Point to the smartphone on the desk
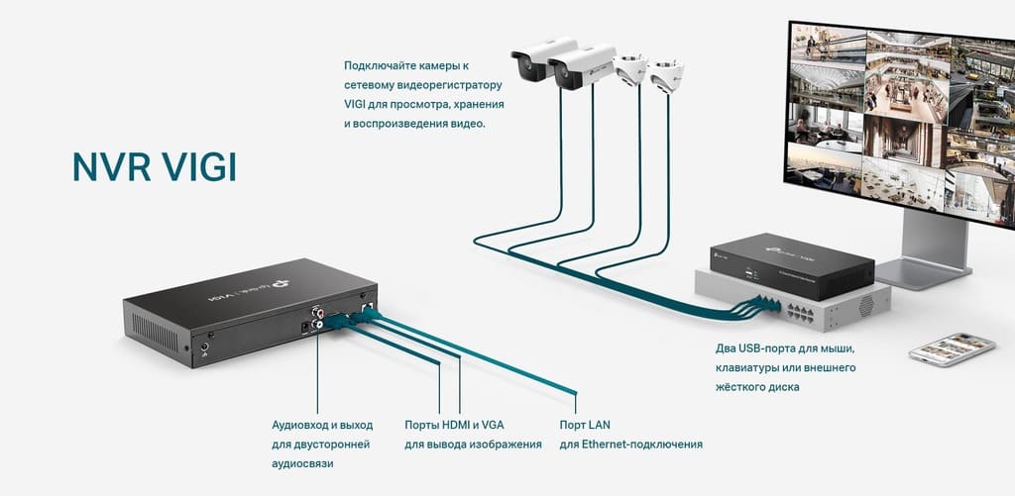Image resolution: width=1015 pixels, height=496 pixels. (951, 348)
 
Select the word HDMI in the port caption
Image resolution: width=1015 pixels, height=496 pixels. (455, 425)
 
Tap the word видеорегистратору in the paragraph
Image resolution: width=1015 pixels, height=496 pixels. (451, 85)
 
